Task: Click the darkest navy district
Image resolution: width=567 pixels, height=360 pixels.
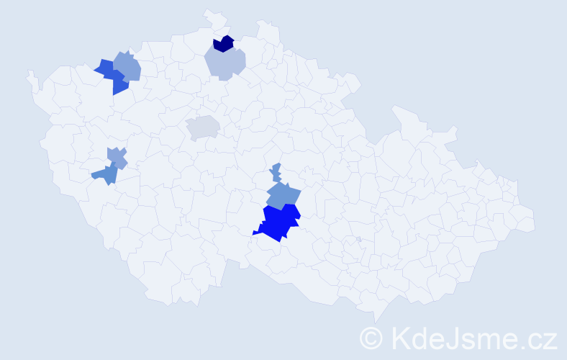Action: coord(223,44)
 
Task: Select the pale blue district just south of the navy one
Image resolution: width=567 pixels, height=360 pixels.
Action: coord(224,63)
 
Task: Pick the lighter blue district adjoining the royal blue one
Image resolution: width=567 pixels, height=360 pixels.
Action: coord(127,66)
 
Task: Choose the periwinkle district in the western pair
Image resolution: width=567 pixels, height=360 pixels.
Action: coord(117,157)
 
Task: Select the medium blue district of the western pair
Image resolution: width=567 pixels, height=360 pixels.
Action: coord(106,174)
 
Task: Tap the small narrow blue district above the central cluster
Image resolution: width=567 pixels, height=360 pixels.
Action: coord(276,173)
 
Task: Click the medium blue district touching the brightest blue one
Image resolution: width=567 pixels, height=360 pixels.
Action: coord(283,195)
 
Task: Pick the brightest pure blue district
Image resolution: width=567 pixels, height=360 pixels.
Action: coord(279,221)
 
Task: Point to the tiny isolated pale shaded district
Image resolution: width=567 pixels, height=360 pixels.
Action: coord(358,239)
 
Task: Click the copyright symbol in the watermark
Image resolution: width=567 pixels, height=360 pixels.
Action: coord(371,338)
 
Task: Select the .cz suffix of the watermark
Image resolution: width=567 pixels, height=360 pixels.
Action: coord(540,338)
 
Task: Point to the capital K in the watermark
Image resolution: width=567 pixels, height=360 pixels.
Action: coord(399,338)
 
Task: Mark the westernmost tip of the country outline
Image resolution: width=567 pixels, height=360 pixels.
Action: coord(28,72)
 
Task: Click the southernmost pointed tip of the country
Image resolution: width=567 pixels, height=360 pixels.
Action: coord(376,323)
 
